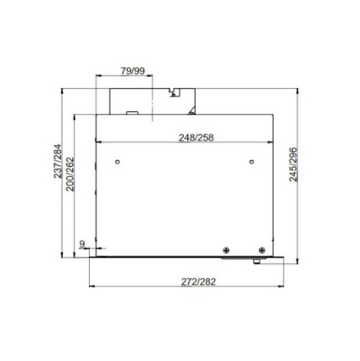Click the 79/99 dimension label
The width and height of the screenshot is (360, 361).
pyautogui.click(x=133, y=71)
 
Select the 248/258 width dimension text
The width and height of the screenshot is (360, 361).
pyautogui.click(x=197, y=137)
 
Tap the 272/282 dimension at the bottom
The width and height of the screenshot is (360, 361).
pyautogui.click(x=198, y=281)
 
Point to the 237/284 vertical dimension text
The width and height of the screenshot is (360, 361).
pyautogui.click(x=58, y=161)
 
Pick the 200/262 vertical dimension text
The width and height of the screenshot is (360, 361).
pyautogui.click(x=69, y=174)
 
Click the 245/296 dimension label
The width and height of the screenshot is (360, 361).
pyautogui.click(x=293, y=164)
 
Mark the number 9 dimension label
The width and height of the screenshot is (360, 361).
pyautogui.click(x=82, y=244)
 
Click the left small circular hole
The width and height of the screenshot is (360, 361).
pyautogui.click(x=118, y=162)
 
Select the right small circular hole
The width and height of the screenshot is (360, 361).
pyautogui.click(x=252, y=162)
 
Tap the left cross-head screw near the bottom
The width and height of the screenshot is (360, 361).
pyautogui.click(x=226, y=250)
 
